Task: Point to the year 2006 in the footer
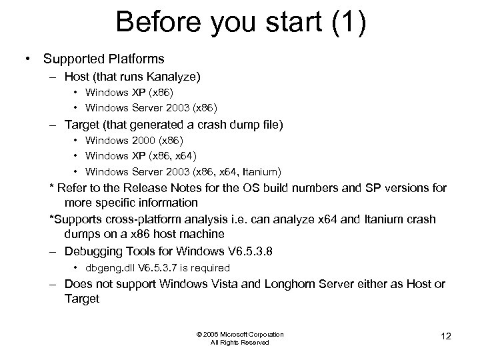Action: pos(209,335)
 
